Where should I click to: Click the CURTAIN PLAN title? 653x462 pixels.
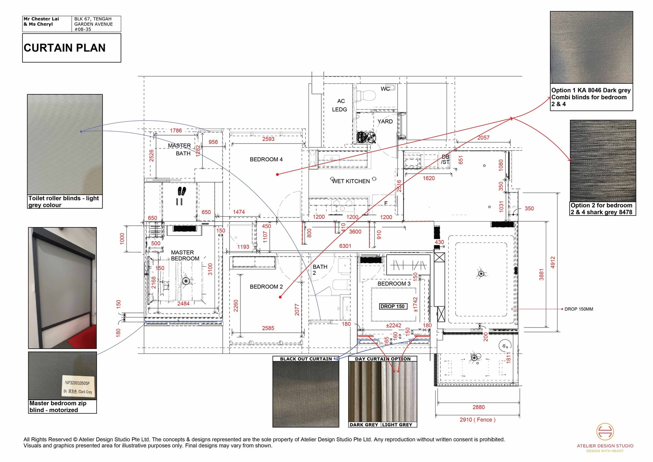65,48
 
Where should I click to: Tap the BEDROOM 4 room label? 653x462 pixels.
266,159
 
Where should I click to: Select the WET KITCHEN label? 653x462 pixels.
351,181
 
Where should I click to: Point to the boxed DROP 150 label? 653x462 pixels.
392,306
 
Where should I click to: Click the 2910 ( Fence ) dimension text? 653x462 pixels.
477,419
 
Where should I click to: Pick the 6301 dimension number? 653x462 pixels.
345,246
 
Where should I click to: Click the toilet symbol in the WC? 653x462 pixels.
367,95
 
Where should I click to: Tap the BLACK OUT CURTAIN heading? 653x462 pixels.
306,359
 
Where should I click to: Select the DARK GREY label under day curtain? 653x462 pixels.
364,425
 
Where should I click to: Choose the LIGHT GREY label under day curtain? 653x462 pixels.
397,425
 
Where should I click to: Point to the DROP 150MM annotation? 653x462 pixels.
579,309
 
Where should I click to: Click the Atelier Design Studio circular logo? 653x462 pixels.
605,431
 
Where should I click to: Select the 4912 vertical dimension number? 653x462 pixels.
553,262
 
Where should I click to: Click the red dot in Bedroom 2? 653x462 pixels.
280,297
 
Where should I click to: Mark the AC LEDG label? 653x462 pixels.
340,105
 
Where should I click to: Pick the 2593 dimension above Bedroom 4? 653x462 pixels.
268,139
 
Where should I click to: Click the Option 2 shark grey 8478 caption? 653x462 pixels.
601,209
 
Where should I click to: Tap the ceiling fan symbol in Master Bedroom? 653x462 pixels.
186,281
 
